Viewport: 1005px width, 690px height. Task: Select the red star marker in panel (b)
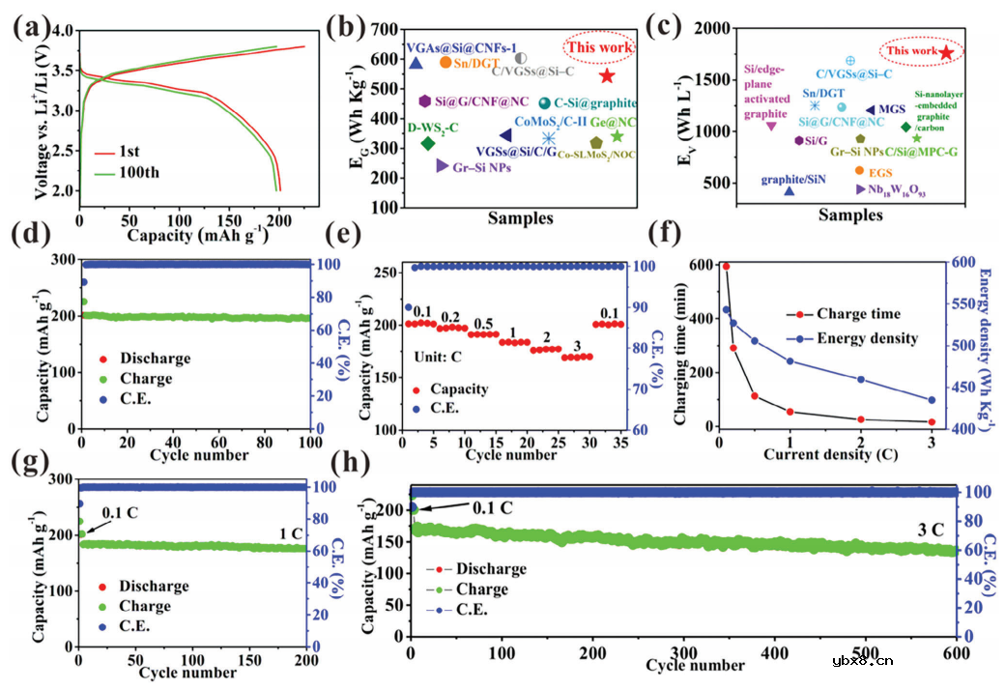point(607,75)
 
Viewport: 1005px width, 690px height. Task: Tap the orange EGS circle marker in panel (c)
point(859,171)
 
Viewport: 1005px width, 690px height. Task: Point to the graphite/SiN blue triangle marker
point(790,191)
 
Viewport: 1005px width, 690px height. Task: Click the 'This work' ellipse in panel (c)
point(912,50)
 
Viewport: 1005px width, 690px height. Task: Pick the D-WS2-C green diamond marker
point(428,144)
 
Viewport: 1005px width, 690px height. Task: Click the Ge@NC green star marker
point(617,136)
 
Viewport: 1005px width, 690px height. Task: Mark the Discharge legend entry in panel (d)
point(144,359)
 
